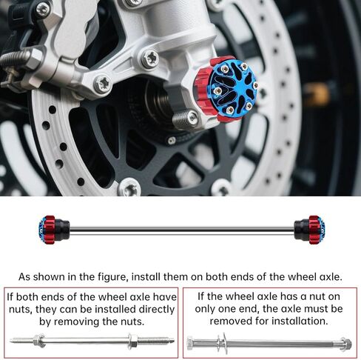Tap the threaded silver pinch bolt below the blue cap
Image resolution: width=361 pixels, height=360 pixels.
click(x=185, y=119)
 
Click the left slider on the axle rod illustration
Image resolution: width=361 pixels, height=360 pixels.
click(x=54, y=230)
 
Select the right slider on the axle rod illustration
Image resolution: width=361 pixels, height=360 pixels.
click(x=310, y=230)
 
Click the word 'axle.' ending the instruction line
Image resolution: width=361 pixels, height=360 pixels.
click(x=330, y=277)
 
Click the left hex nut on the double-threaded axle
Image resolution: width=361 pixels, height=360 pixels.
click(x=39, y=340)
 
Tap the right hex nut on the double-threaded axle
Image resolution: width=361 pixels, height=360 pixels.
click(x=132, y=341)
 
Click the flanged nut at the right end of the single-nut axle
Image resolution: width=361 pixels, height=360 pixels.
click(x=345, y=344)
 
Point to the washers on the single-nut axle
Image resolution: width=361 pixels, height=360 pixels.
click(x=222, y=343)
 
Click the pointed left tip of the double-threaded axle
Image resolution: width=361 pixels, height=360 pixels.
click(x=10, y=340)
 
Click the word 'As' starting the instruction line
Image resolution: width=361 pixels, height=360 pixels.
click(x=24, y=277)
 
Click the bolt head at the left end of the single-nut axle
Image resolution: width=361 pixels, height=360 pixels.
click(x=190, y=344)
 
